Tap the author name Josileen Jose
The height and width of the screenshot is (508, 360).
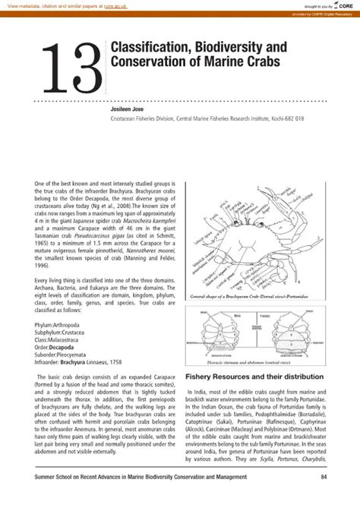[130, 109]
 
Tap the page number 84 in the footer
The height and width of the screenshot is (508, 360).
[324, 477]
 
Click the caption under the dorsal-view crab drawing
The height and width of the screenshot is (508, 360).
[259, 295]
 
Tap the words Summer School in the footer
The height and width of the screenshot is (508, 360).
[51, 477]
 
